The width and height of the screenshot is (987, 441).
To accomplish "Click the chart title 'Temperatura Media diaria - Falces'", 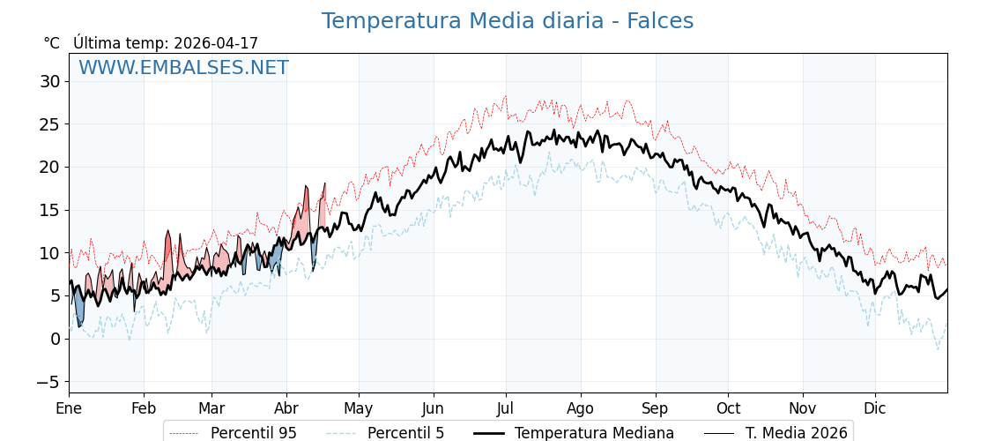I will [507, 21].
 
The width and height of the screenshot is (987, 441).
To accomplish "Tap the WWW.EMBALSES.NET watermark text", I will [183, 68].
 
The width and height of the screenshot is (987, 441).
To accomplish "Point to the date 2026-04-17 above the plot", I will [216, 43].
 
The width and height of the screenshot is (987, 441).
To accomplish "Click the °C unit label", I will [51, 43].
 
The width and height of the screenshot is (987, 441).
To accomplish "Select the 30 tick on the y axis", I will [49, 82].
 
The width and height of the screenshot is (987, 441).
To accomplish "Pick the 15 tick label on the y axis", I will [49, 210].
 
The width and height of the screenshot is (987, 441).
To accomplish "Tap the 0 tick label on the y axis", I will [55, 339].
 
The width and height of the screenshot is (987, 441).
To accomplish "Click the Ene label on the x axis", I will [69, 408].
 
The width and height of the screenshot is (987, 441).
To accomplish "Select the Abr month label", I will [286, 408].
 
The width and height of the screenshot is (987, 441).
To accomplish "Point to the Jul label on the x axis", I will [506, 408].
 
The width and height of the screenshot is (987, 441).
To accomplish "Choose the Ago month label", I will [581, 408].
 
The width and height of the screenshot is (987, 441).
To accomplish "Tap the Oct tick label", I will [728, 408].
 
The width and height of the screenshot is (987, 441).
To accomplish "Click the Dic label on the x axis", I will [875, 408].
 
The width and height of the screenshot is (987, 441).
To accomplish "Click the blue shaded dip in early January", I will [79, 310].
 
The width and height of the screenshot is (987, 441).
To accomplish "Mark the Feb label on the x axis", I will [144, 408].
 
